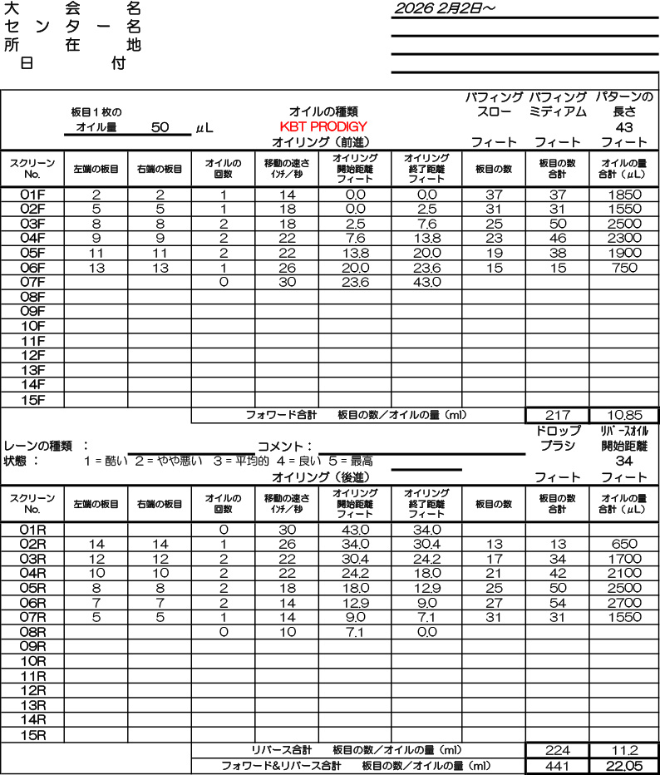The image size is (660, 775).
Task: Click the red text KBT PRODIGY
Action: pyautogui.click(x=323, y=126)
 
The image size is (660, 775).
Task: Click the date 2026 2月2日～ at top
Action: pyautogui.click(x=445, y=8)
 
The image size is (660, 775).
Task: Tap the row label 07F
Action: pyautogui.click(x=32, y=283)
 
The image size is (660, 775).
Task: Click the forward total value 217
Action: pyautogui.click(x=557, y=414)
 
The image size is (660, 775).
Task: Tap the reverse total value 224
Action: pyautogui.click(x=557, y=750)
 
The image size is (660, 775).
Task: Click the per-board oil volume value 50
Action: pyautogui.click(x=160, y=127)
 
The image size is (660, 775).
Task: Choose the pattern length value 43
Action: pyautogui.click(x=624, y=127)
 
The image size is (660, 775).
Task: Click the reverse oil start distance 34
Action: pyautogui.click(x=624, y=462)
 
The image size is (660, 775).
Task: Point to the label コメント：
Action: pyautogui.click(x=286, y=446)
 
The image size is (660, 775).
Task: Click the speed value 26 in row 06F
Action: pyautogui.click(x=287, y=268)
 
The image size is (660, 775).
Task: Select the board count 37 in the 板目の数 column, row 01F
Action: pyautogui.click(x=494, y=194)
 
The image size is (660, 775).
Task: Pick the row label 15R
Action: pyautogui.click(x=32, y=735)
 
